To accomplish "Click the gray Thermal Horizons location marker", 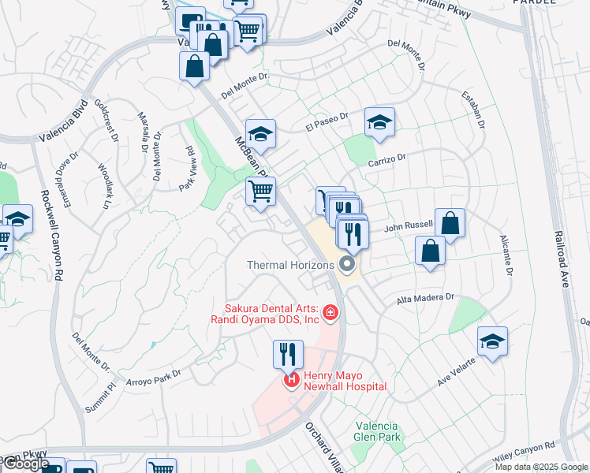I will (x=346, y=265).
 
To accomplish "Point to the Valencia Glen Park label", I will (x=379, y=431).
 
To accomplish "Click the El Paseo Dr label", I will (x=327, y=121).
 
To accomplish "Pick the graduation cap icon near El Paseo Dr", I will (x=379, y=122).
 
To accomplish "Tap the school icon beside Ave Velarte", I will (x=492, y=341).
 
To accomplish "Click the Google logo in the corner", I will (x=26, y=464).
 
